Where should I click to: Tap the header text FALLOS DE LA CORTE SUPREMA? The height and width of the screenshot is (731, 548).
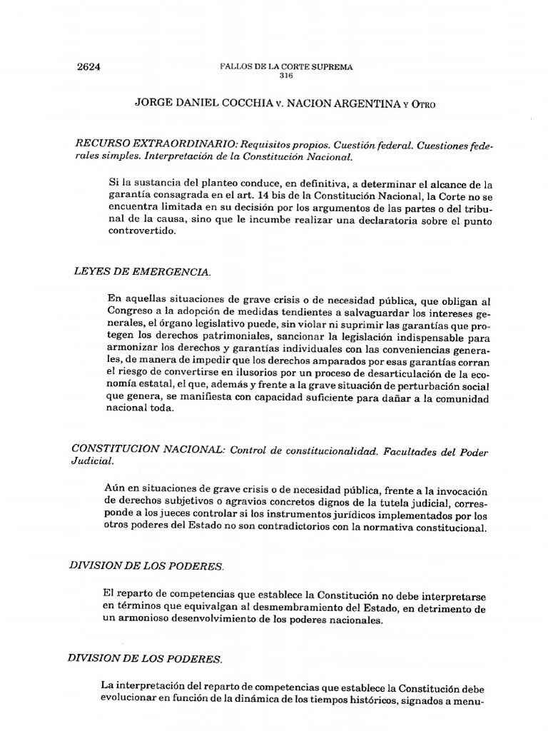pyautogui.click(x=287, y=67)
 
